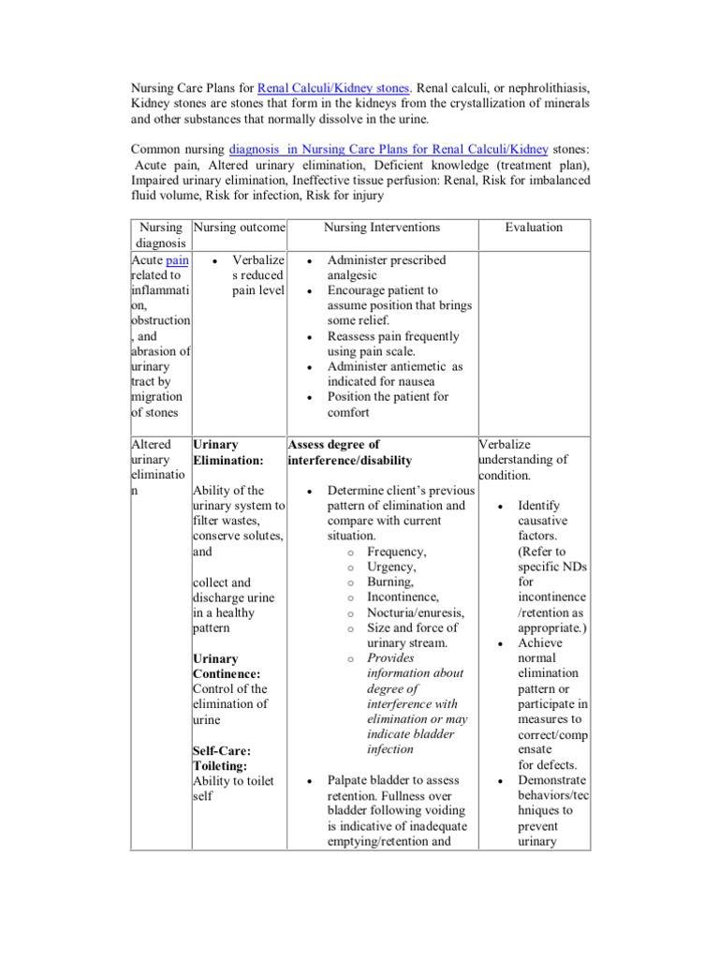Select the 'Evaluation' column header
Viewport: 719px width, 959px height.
[534, 227]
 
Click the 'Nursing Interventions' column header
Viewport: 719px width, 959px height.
[381, 227]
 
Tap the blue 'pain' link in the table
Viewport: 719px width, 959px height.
[178, 260]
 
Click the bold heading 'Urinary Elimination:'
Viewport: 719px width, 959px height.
[227, 452]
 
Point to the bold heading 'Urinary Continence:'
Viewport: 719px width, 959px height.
[227, 666]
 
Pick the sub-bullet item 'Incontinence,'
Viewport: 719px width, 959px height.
[403, 597]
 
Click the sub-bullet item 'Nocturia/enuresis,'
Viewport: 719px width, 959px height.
[416, 612]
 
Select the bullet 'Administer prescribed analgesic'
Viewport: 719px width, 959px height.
[386, 268]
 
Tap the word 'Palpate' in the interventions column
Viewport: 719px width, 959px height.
[350, 780]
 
